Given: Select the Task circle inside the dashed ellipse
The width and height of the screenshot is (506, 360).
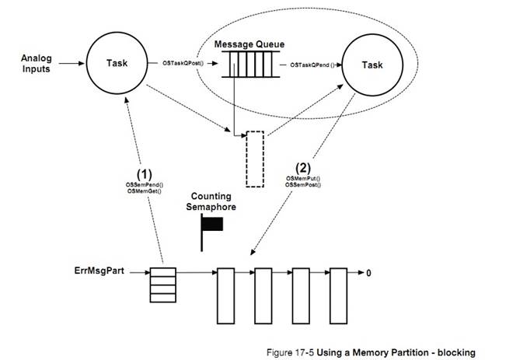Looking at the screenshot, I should (372, 65).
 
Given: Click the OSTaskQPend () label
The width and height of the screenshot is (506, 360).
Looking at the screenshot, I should (311, 65).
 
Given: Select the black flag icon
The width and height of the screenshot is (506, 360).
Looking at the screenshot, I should (211, 225).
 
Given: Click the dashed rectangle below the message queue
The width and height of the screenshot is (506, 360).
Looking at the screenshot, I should (256, 158).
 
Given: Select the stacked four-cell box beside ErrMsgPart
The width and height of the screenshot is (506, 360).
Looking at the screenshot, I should (161, 285).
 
